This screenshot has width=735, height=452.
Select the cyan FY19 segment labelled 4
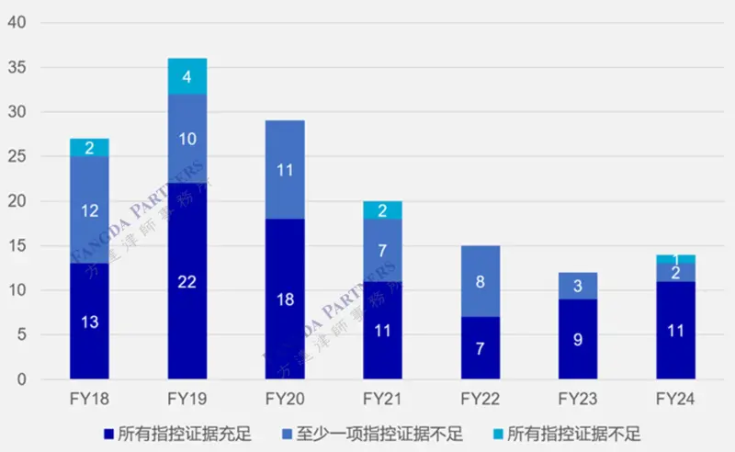click(x=187, y=76)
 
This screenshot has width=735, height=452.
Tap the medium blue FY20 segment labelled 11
click(x=285, y=169)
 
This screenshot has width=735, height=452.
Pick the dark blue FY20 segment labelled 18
click(x=285, y=299)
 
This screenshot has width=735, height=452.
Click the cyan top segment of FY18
click(x=89, y=147)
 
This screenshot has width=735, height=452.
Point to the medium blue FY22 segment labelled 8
click(x=481, y=281)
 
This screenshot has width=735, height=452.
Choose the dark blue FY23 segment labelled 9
click(x=578, y=339)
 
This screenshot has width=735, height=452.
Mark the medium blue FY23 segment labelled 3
click(x=578, y=286)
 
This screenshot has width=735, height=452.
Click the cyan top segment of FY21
click(x=382, y=209)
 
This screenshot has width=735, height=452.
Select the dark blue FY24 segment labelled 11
click(x=675, y=330)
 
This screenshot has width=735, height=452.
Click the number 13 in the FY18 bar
click(x=89, y=322)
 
